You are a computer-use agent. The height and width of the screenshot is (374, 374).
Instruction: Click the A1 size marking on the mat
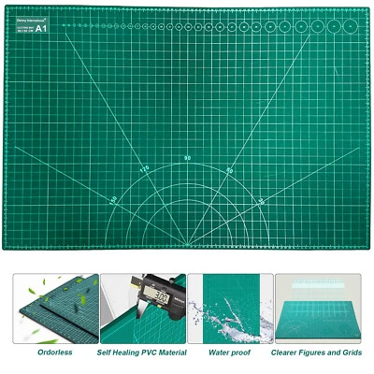point(40,28)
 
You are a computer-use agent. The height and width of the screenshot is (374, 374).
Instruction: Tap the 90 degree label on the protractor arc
point(188,157)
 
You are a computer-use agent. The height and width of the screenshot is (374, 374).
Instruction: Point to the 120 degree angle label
point(144,169)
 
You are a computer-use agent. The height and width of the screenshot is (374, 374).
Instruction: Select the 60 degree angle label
point(230,170)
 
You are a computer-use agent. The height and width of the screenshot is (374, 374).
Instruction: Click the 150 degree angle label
point(113,199)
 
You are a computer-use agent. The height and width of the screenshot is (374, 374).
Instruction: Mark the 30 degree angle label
point(262,200)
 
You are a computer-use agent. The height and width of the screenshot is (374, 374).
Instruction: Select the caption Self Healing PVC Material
point(143,352)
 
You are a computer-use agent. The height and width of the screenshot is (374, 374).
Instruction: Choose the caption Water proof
point(230,352)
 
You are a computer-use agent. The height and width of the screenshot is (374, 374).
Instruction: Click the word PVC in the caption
point(151,352)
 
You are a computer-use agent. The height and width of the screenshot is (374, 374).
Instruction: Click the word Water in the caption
point(221,352)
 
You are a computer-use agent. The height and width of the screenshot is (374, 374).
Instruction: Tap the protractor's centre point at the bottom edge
point(188,247)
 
